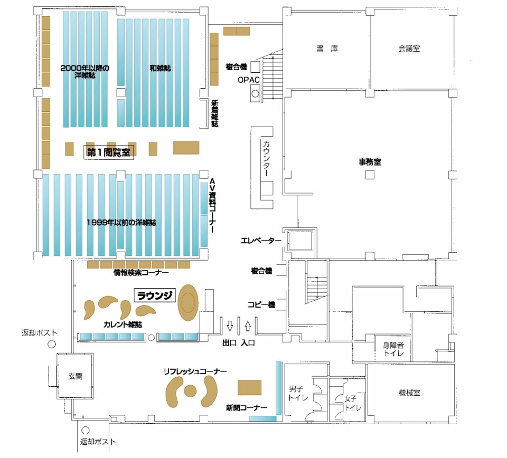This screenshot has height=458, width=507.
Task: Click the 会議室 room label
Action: click(409, 49)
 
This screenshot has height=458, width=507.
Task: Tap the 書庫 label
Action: click(327, 49)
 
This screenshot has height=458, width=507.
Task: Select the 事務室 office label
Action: click(370, 161)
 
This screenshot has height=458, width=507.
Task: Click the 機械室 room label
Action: click(409, 393)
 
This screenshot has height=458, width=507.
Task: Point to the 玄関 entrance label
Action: click(75, 376)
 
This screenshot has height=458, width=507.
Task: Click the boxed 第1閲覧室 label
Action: click(109, 152)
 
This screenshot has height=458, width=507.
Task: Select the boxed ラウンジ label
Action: click(155, 295)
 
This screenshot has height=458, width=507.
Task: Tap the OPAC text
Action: click(248, 80)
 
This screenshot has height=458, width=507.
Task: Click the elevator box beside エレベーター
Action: click(300, 241)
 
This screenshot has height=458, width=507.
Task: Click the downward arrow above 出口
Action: click(230, 326)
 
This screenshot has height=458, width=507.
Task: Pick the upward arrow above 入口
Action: click(248, 326)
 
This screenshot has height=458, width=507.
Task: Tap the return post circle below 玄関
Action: click(86, 430)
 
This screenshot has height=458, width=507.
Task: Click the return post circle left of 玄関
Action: click(52, 345)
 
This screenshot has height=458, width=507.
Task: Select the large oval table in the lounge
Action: click(188, 303)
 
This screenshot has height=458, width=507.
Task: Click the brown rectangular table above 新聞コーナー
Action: click(250, 388)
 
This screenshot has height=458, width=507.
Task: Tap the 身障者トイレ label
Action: click(393, 349)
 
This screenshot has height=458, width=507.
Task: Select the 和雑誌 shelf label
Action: click(160, 68)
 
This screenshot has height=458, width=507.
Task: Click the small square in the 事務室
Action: click(370, 175)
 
